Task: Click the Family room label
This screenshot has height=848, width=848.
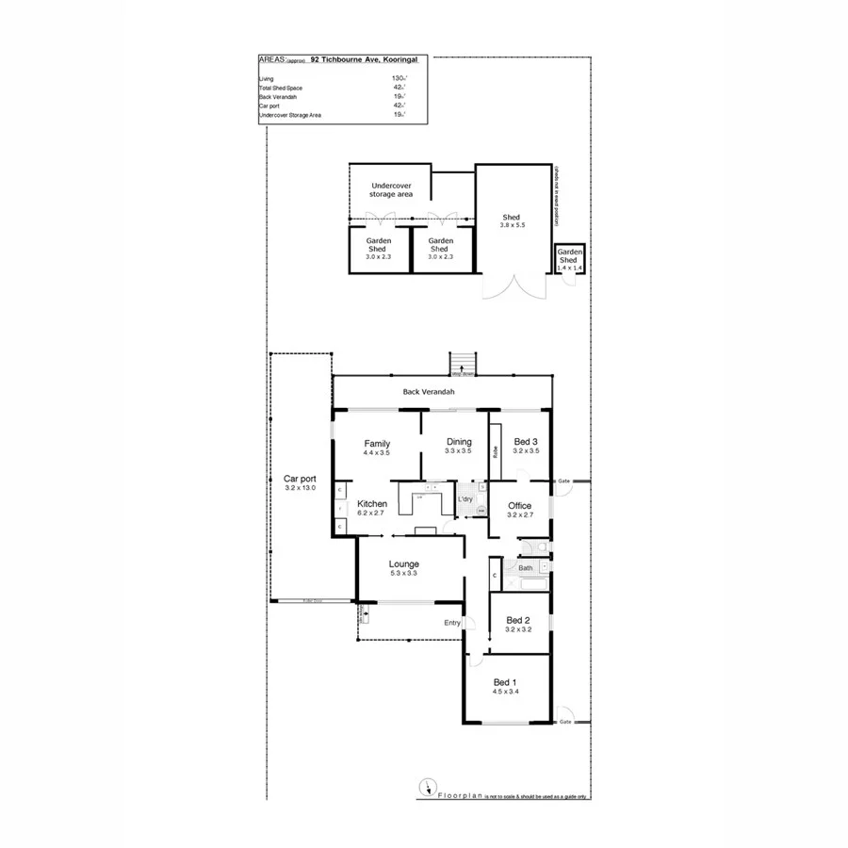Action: pyautogui.click(x=376, y=443)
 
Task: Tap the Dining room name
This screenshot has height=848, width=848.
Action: pyautogui.click(x=458, y=442)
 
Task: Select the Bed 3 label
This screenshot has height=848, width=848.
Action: pyautogui.click(x=526, y=442)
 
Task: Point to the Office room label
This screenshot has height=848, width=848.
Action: pyautogui.click(x=520, y=506)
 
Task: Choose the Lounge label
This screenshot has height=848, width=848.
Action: pyautogui.click(x=404, y=564)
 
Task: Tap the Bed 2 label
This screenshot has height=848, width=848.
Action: pyautogui.click(x=518, y=620)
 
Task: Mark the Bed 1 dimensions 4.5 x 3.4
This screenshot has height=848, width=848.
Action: pyautogui.click(x=505, y=692)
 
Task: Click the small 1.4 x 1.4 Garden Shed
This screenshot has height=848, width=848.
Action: pyautogui.click(x=570, y=260)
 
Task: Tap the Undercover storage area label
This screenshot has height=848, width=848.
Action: pyautogui.click(x=392, y=189)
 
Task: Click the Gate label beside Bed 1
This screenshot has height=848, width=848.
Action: pyautogui.click(x=564, y=723)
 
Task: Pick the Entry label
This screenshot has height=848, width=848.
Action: pyautogui.click(x=452, y=622)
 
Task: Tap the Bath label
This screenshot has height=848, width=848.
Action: pyautogui.click(x=525, y=568)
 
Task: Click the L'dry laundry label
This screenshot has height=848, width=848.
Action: pyautogui.click(x=465, y=498)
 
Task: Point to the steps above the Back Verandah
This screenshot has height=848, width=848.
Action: pyautogui.click(x=462, y=364)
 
